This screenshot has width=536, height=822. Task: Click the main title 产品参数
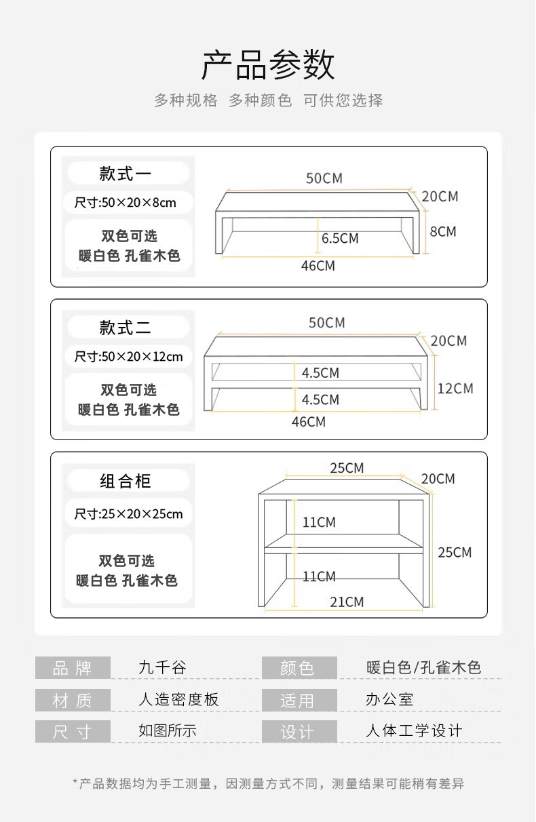(x=268, y=66)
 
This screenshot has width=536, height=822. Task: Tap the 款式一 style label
(x=126, y=174)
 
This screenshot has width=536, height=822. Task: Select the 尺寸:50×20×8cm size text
(x=125, y=203)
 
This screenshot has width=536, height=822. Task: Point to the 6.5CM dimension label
(x=340, y=239)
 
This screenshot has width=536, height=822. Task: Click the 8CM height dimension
(x=443, y=232)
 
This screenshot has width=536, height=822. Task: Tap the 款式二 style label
(x=126, y=328)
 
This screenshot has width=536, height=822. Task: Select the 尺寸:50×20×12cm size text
(x=128, y=357)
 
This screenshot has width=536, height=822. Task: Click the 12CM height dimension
(x=455, y=389)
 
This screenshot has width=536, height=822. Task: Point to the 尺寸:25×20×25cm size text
(x=128, y=514)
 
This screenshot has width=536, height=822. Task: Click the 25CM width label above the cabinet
(x=347, y=468)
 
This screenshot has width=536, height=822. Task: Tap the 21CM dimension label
(x=347, y=602)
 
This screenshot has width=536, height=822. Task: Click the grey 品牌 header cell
(x=72, y=668)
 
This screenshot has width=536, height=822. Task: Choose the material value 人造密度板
(x=178, y=700)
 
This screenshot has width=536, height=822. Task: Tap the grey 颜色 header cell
(x=299, y=668)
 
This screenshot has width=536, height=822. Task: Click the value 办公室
(x=389, y=700)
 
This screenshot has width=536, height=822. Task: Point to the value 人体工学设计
(x=414, y=731)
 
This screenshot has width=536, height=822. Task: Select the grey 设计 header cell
(x=299, y=732)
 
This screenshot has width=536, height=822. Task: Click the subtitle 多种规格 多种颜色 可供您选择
(x=268, y=100)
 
